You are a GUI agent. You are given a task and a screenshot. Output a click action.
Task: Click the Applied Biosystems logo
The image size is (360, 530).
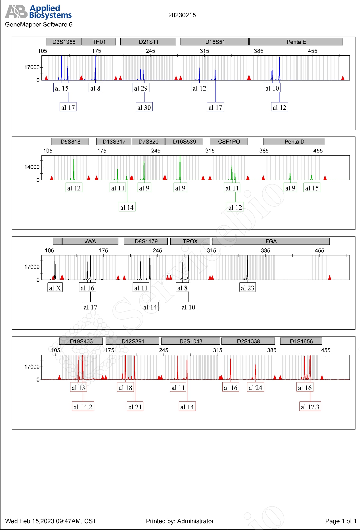click(38, 12)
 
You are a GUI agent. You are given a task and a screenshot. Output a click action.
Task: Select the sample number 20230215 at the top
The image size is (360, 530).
click(182, 15)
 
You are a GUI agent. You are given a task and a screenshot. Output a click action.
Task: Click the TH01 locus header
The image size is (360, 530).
click(99, 42)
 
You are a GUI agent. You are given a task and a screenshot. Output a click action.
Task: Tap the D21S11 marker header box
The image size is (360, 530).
click(148, 42)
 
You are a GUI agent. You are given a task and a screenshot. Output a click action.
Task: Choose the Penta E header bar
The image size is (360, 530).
click(296, 42)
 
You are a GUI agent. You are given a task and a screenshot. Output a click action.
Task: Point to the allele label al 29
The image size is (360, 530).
click(141, 88)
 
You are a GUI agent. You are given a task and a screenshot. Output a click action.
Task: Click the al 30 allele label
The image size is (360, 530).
click(144, 108)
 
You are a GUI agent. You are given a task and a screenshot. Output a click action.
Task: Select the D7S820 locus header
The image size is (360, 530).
click(148, 142)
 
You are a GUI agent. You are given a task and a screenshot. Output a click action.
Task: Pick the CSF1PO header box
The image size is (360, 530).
click(229, 142)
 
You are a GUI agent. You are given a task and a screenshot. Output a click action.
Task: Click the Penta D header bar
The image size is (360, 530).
click(294, 142)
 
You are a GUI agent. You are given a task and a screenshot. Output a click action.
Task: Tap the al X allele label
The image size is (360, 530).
click(55, 288)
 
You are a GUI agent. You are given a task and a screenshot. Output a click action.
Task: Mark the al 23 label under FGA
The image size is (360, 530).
click(247, 288)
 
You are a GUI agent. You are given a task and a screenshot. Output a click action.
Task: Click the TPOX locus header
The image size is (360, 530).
click(190, 242)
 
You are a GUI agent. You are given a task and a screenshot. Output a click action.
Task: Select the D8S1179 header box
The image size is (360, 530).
click(146, 242)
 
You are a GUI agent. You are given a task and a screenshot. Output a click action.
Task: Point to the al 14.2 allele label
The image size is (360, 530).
click(83, 407)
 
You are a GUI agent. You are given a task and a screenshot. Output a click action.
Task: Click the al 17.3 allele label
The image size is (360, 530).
click(310, 407)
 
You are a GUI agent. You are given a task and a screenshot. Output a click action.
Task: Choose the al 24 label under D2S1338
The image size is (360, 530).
click(256, 388)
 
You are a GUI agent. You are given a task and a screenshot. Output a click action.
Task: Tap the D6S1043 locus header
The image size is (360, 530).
click(191, 342)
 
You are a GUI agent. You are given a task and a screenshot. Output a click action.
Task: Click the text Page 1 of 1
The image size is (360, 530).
click(340, 521)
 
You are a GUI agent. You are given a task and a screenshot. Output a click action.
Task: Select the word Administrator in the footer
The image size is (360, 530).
click(195, 521)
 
